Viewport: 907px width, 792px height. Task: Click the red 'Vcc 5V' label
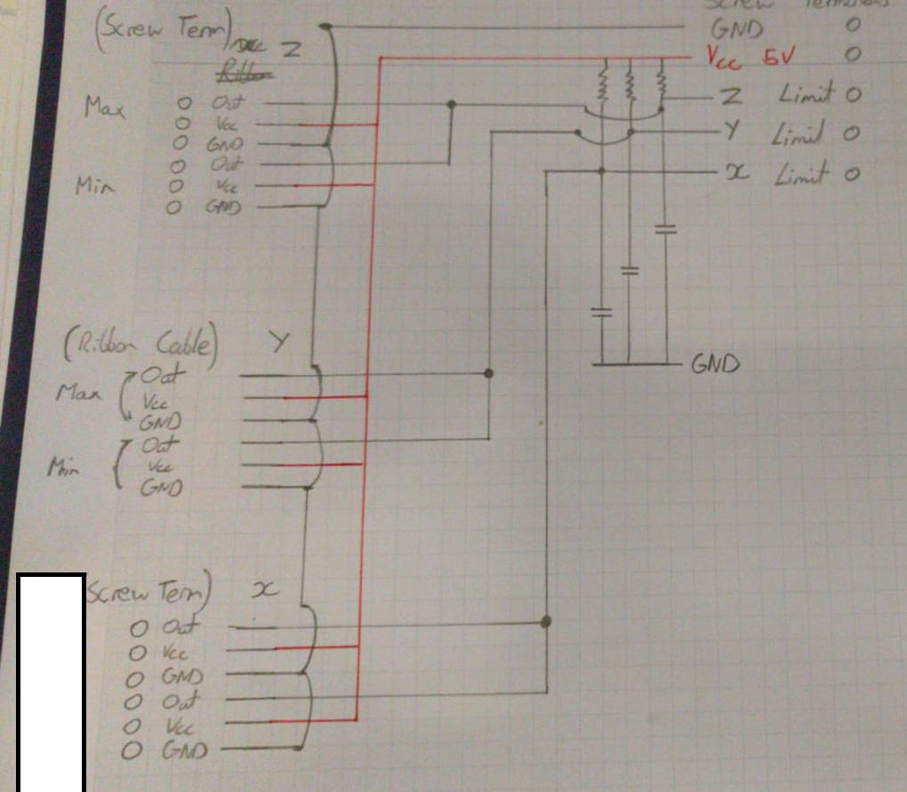click(751, 56)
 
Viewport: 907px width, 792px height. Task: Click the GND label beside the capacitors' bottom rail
click(716, 364)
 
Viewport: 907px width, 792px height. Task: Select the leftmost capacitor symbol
click(602, 312)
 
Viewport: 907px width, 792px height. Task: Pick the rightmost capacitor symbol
click(664, 230)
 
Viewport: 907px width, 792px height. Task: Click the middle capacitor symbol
click(630, 270)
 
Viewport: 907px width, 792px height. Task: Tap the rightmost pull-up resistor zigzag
click(661, 84)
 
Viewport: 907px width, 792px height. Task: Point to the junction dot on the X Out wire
click(546, 621)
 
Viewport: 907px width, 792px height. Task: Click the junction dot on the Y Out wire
click(487, 372)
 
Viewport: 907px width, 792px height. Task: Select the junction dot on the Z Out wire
click(452, 105)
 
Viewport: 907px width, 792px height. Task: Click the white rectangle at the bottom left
click(52, 682)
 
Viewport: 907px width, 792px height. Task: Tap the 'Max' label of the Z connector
click(104, 108)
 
